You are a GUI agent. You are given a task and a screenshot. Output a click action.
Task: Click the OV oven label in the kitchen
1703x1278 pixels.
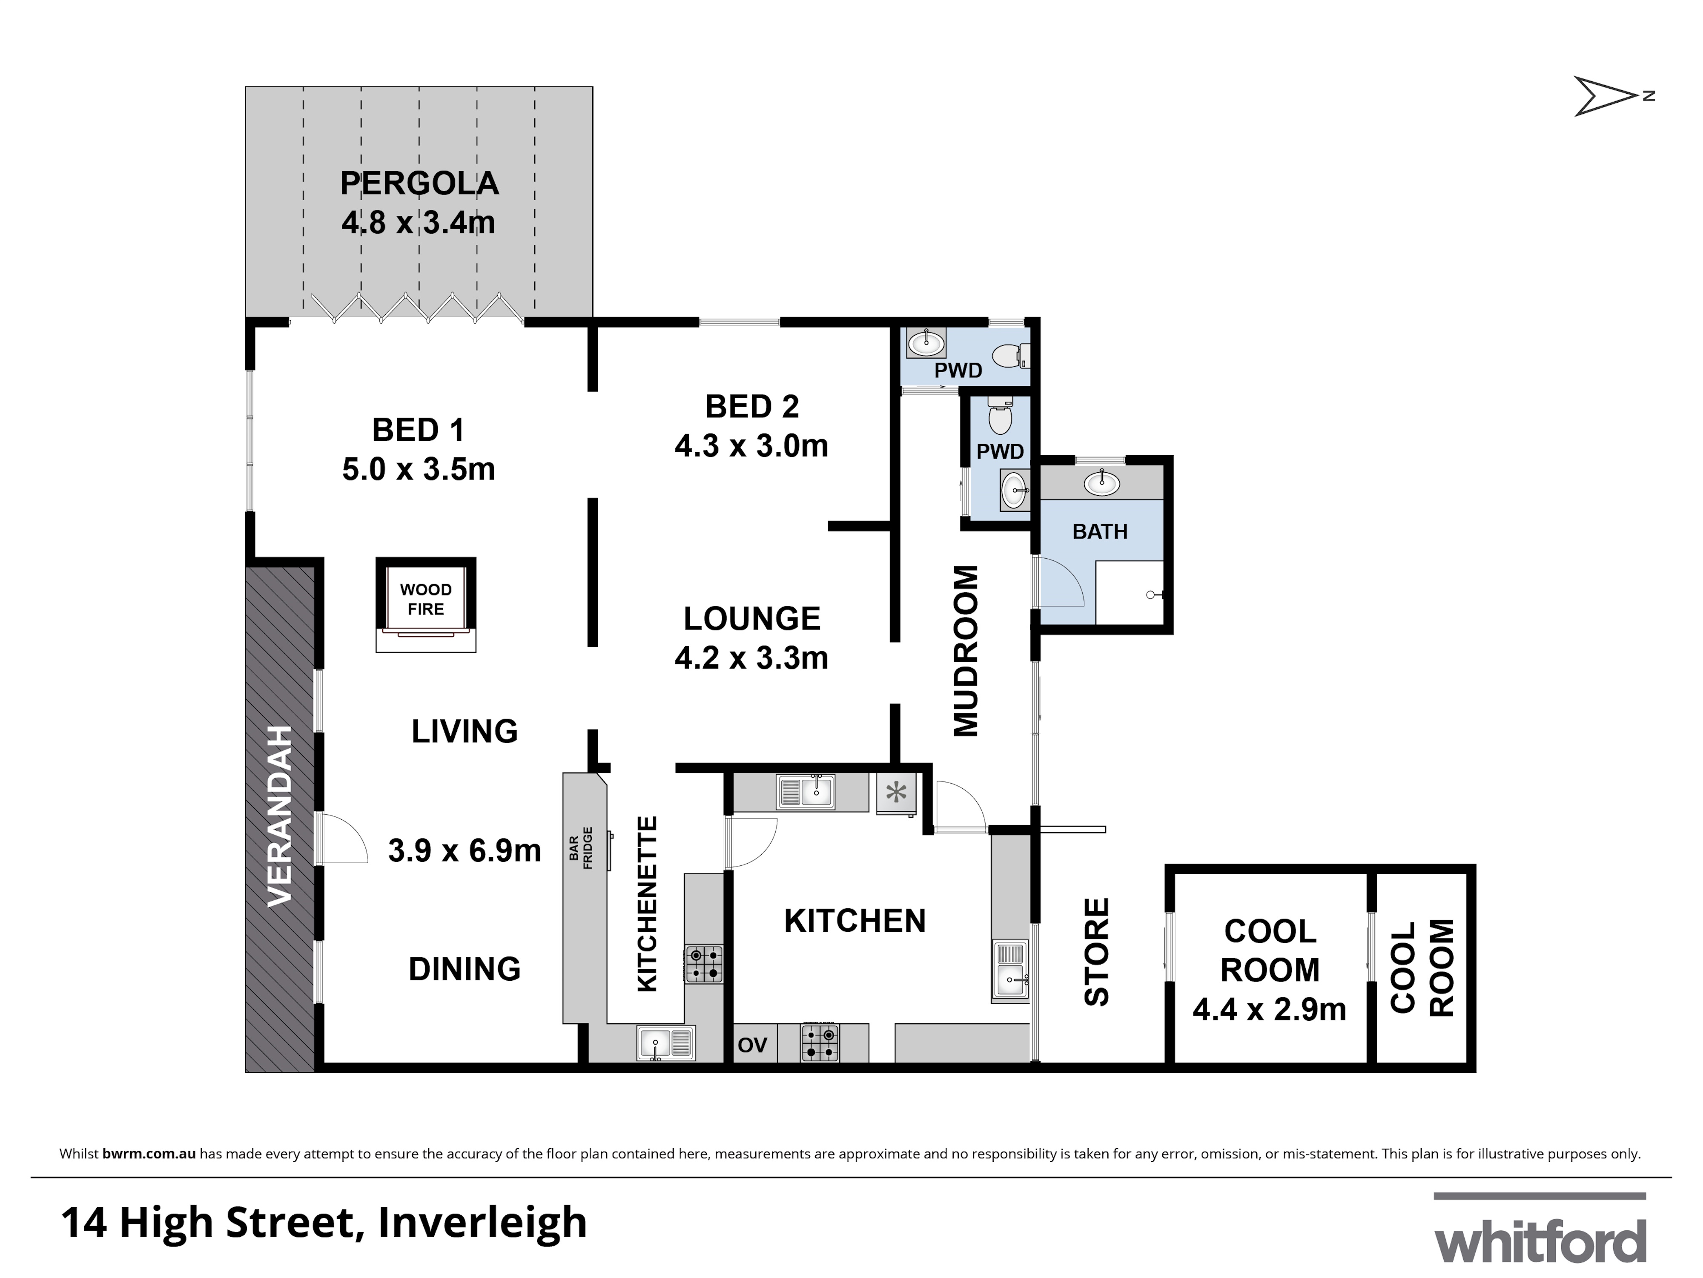click(x=752, y=1045)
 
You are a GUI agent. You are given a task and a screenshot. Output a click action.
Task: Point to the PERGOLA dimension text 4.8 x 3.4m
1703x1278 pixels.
click(x=418, y=223)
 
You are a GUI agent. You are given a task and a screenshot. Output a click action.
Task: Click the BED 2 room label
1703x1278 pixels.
click(x=751, y=407)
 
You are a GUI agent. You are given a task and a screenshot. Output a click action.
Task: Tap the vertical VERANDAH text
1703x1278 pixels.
click(x=279, y=816)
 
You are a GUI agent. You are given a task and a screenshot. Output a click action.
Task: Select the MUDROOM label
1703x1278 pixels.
click(x=966, y=651)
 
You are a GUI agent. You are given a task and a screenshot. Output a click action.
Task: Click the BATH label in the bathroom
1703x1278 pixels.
click(x=1099, y=531)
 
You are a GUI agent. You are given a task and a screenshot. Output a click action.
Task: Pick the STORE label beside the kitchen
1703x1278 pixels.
click(x=1096, y=951)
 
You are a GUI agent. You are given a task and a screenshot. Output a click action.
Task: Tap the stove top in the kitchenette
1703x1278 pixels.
click(x=704, y=964)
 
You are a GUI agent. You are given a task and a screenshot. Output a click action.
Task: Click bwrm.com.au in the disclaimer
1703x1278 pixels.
click(x=149, y=1154)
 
